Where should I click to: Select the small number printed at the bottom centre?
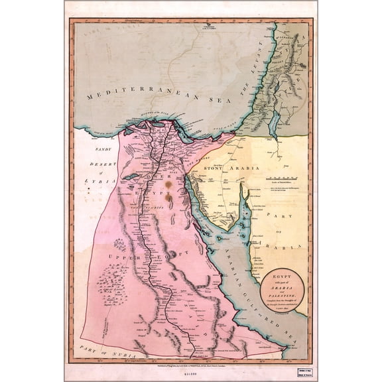pos(193,373)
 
